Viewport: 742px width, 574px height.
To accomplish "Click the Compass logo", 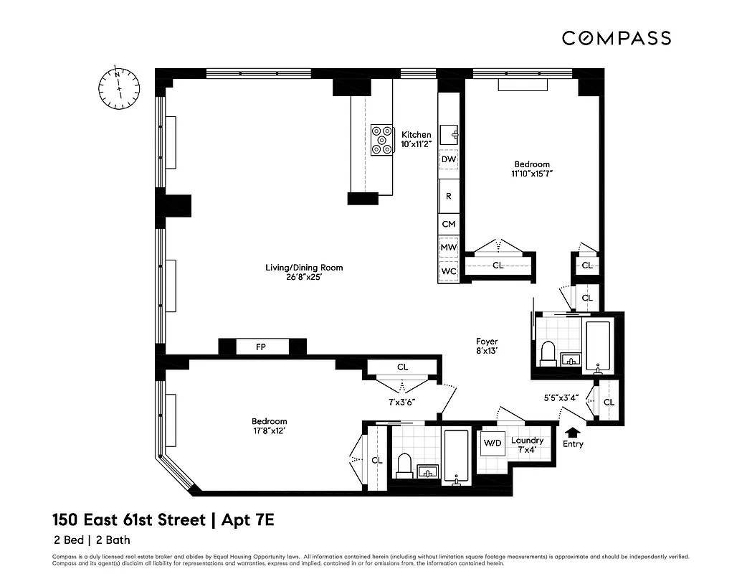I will point(616,38).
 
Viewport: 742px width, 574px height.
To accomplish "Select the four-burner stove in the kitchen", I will point(381,140).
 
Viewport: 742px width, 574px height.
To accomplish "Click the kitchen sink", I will point(450,133).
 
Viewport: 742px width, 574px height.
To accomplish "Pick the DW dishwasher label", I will point(449,159).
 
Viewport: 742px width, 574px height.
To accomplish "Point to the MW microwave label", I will point(449,248).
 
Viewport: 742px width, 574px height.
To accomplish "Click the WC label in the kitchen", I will point(449,271).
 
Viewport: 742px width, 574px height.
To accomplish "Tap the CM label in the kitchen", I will point(449,224).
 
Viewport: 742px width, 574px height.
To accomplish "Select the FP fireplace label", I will point(262,347).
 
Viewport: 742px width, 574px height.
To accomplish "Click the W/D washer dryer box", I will point(492,443).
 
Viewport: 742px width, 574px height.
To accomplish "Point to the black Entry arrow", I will point(572,432).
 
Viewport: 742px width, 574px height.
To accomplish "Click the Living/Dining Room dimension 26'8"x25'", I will point(304,278).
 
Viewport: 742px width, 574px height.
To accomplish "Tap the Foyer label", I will point(487,342).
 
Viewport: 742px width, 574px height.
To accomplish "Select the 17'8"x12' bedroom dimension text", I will point(269,431).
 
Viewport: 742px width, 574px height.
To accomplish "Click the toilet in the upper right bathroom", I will point(548,352).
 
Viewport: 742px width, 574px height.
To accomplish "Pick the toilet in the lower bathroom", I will point(404,465).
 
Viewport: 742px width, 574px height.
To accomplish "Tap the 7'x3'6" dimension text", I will point(402,403).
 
